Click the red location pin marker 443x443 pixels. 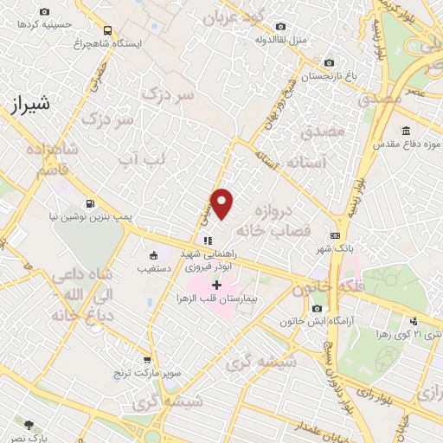[x=222, y=203]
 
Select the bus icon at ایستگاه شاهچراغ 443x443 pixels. [x=107, y=29]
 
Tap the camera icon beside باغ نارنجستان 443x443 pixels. [x=328, y=62]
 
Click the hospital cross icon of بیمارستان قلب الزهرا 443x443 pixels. [x=216, y=285]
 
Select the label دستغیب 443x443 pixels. [x=157, y=268]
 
